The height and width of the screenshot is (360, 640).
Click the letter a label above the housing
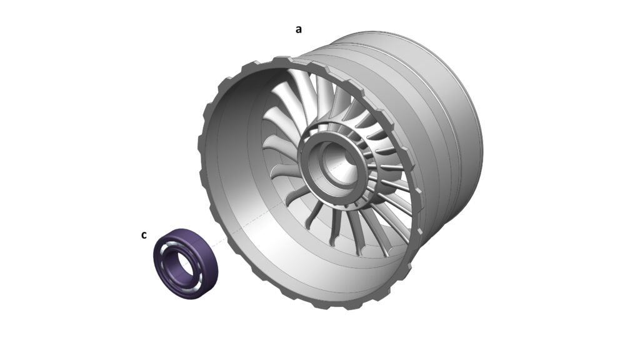coord(299,29)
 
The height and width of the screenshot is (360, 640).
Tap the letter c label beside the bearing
coord(144,235)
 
